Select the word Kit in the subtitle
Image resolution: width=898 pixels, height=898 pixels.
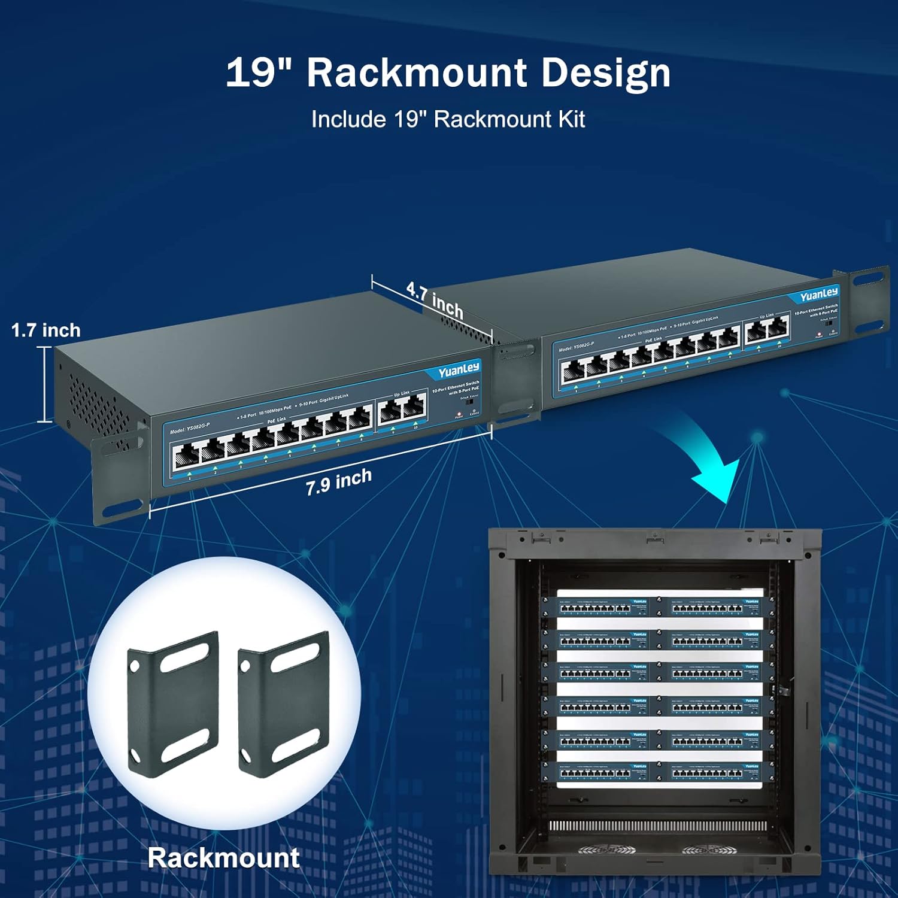tap(571, 119)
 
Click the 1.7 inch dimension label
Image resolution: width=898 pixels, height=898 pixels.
tap(45, 330)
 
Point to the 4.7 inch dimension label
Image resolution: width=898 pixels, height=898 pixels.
tap(435, 299)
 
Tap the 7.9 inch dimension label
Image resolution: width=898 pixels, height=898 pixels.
tap(339, 481)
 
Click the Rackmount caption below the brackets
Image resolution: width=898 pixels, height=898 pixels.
tap(223, 858)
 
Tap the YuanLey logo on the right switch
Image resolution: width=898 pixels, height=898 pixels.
tap(819, 295)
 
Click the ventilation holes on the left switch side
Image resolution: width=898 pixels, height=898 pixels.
tap(96, 401)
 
